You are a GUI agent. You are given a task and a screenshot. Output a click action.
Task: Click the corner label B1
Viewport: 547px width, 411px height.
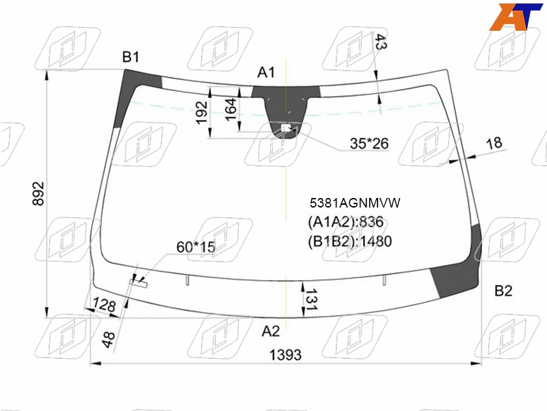131,57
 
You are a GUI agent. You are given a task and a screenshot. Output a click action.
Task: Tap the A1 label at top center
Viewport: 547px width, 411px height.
266,73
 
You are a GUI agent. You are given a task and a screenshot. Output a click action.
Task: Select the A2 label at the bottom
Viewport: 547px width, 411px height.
271,331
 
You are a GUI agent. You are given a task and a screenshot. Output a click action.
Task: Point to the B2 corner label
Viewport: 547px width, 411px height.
503,290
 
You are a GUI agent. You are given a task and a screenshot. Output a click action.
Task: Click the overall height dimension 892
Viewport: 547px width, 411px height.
38,193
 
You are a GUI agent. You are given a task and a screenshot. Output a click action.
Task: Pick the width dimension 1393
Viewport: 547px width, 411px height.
285,355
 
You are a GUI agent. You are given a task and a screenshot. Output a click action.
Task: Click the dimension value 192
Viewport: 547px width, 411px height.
202,112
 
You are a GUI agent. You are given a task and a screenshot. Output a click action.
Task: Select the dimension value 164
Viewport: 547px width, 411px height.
231,110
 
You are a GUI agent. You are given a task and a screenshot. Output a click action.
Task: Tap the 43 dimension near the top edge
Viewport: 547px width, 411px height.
380,42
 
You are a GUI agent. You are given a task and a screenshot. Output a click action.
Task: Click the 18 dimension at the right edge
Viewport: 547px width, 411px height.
494,143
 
